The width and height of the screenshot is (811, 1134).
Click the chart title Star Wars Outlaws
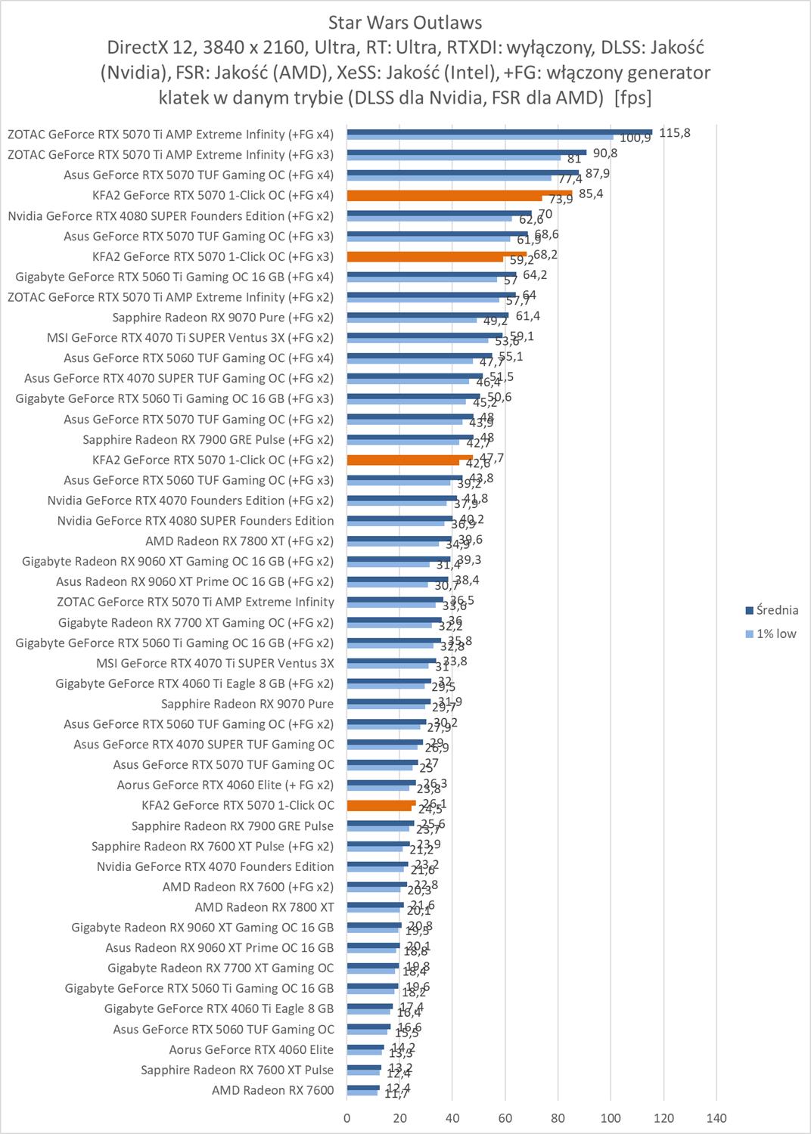(x=405, y=22)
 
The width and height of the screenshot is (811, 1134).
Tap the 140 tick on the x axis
(x=716, y=1118)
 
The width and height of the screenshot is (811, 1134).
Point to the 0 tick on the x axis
(x=347, y=1118)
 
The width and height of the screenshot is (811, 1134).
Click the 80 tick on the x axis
(x=558, y=1118)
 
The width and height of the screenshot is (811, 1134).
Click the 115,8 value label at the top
(x=675, y=132)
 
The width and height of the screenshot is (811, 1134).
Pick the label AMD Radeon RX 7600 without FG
(x=272, y=1090)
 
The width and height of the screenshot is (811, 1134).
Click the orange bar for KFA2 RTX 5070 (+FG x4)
(x=459, y=193)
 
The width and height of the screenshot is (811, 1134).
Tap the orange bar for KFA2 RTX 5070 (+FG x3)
(x=437, y=254)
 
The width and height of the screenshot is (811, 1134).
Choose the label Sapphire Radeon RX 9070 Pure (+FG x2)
(x=222, y=318)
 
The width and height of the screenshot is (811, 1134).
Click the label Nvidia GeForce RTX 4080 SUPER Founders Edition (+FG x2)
(x=170, y=215)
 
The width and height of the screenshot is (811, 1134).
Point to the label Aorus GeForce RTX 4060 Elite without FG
(x=251, y=1049)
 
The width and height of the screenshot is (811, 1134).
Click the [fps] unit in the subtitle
(x=633, y=98)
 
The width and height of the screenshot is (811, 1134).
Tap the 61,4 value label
(x=528, y=315)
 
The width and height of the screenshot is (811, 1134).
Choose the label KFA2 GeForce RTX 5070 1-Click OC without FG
(x=238, y=805)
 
